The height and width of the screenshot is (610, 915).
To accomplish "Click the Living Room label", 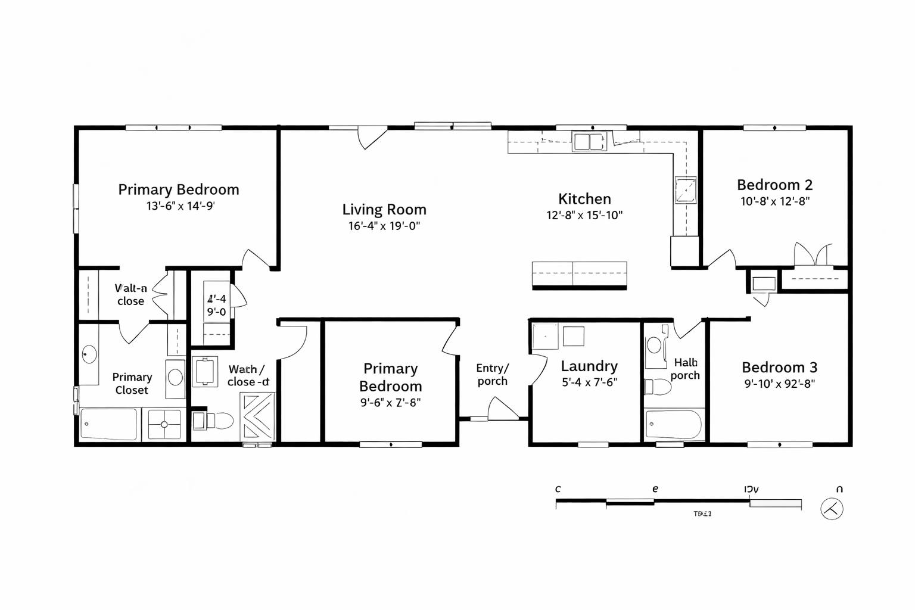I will (384, 210).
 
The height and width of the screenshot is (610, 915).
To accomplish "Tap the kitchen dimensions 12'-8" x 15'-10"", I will (584, 216).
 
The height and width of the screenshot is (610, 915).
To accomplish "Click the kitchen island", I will (579, 275).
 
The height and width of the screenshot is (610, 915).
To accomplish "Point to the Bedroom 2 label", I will (774, 185).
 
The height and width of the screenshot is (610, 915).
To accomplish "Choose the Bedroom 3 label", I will (779, 367).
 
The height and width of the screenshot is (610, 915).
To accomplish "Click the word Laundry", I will (589, 366).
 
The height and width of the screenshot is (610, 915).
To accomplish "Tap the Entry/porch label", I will (493, 375).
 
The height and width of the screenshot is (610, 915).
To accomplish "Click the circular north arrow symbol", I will (832, 509).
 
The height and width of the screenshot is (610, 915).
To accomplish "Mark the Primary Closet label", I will (132, 384).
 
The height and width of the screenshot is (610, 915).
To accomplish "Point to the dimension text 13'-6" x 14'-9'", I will (180, 206).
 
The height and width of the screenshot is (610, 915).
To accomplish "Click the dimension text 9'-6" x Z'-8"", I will (390, 402).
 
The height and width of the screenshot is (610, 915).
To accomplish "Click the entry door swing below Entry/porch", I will (502, 409).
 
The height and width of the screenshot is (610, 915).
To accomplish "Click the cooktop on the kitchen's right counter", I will (685, 190).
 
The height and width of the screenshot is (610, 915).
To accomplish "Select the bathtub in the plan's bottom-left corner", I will (109, 424).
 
